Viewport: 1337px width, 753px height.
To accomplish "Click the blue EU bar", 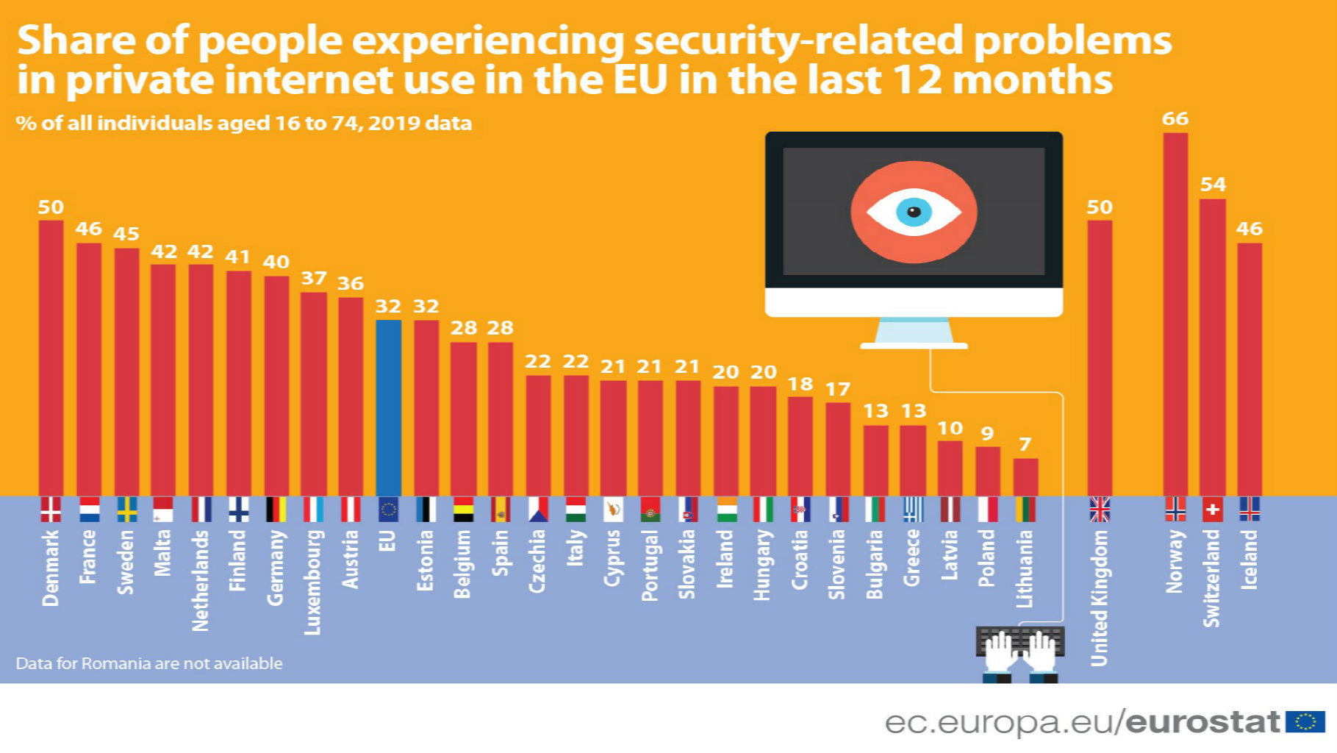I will coord(388,408).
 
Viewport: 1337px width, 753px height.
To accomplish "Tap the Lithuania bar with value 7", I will coord(1025,477).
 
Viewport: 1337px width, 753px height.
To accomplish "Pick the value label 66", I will coord(1175,118).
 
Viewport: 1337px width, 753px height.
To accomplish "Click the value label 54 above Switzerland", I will coord(1213,185).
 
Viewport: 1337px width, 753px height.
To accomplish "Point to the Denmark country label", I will coord(51,568).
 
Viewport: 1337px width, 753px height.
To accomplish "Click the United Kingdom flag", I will coord(1100,509).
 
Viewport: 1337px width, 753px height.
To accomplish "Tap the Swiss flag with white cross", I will coord(1213,509).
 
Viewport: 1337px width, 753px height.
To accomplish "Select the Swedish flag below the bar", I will coord(126,509).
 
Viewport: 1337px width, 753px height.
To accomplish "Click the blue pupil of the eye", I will coord(914,212).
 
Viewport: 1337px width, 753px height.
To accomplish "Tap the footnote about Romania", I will coord(149,663).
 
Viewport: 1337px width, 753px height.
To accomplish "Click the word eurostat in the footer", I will coord(1202,722).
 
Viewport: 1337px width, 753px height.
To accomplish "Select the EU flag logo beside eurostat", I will coord(1305,722).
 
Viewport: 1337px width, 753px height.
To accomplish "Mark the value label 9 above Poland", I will coord(987,434).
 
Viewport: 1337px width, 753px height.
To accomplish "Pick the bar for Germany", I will coord(276,386).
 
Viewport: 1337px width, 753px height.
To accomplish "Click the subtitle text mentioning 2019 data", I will coord(243,123).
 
